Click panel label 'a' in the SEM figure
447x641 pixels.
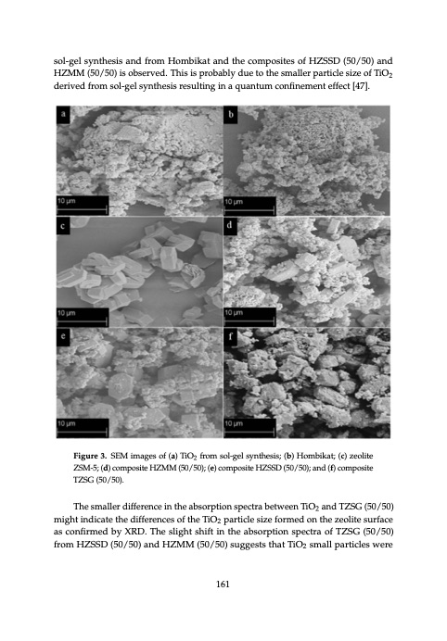click(62, 116)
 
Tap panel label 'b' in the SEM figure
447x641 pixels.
click(230, 116)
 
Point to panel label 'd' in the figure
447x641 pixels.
click(230, 224)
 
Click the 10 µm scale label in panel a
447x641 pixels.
click(66, 200)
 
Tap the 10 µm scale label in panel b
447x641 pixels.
click(234, 200)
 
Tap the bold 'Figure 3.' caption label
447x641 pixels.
click(95, 459)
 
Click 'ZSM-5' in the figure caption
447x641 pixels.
click(87, 471)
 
